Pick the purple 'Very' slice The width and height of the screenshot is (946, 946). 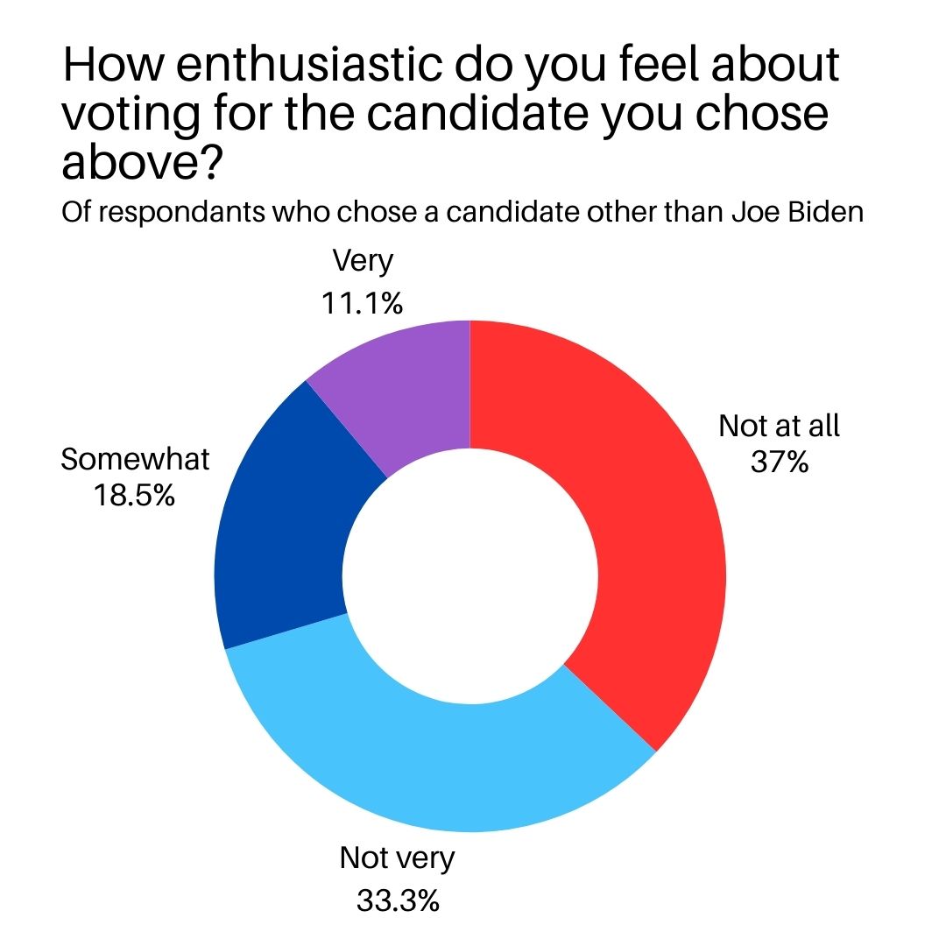point(403,385)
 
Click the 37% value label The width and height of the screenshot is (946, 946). point(779,461)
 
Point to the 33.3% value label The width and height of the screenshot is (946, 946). point(398,900)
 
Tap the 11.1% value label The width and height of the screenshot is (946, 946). point(363,303)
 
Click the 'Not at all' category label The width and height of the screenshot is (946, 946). point(779,426)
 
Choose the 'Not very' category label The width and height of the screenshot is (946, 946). point(398,858)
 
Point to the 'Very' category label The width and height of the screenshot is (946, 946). point(363,260)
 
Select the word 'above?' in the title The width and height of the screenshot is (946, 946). point(139,163)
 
